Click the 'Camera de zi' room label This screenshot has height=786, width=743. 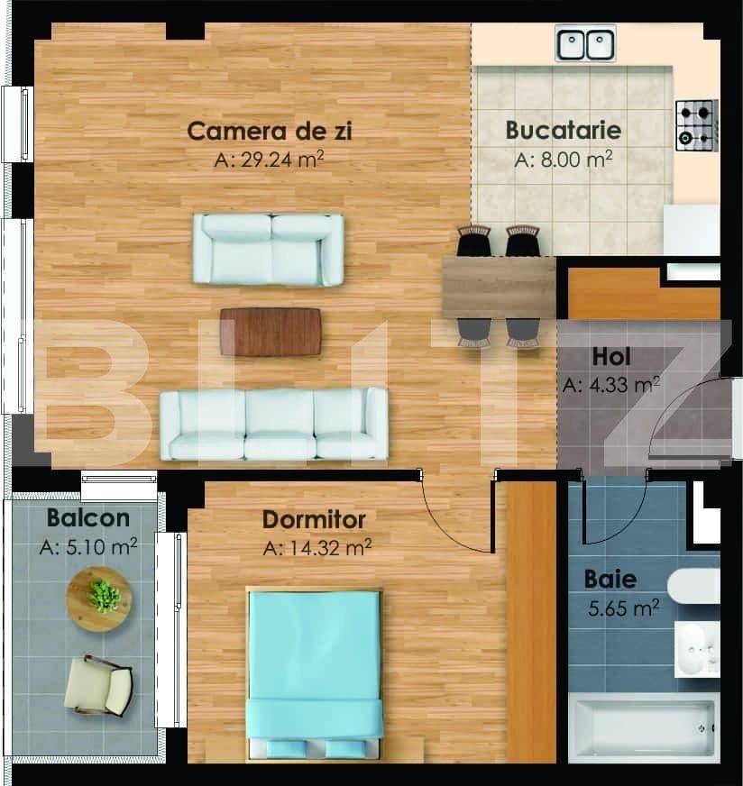tap(270, 132)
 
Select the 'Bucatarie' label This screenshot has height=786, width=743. tap(564, 131)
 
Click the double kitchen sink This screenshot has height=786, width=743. tap(585, 44)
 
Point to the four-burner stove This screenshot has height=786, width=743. tap(697, 126)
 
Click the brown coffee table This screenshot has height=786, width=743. tap(271, 332)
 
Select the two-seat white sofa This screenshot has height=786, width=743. tap(269, 250)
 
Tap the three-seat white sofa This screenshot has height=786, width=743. tap(274, 424)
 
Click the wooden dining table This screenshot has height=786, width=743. tap(499, 288)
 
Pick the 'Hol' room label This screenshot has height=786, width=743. tap(611, 357)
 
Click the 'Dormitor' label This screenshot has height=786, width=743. tap(314, 520)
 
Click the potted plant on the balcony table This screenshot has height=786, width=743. tap(104, 597)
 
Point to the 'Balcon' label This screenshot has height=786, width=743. tap(88, 517)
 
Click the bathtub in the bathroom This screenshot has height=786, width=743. tap(644, 727)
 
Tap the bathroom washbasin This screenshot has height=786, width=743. tap(697, 649)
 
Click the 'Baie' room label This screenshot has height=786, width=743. tap(610, 579)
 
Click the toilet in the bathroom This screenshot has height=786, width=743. tap(694, 586)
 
